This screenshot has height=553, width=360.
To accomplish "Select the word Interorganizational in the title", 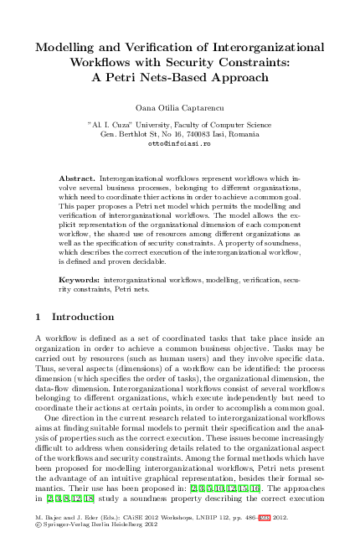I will [x=260, y=48].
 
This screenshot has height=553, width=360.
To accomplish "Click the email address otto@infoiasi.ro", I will [x=179, y=143].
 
